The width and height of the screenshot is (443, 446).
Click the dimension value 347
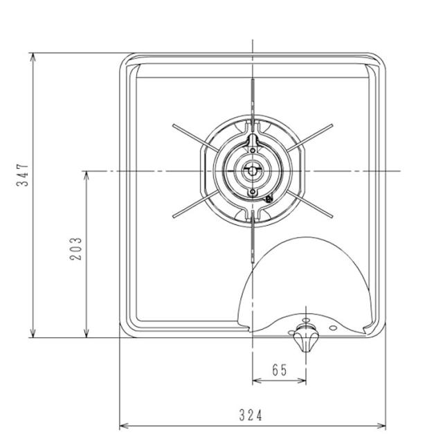pyautogui.click(x=23, y=177)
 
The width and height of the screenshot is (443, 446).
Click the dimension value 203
pyautogui.click(x=76, y=248)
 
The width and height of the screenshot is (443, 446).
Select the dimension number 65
pyautogui.click(x=279, y=371)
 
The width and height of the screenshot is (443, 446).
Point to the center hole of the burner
pyautogui.click(x=253, y=170)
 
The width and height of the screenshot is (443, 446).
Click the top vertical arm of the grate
pyautogui.click(x=253, y=100)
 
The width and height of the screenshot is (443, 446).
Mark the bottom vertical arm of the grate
pyautogui.click(x=253, y=239)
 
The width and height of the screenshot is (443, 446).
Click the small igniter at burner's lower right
pyautogui.click(x=269, y=200)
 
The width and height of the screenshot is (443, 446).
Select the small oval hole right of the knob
pyautogui.click(x=333, y=327)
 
